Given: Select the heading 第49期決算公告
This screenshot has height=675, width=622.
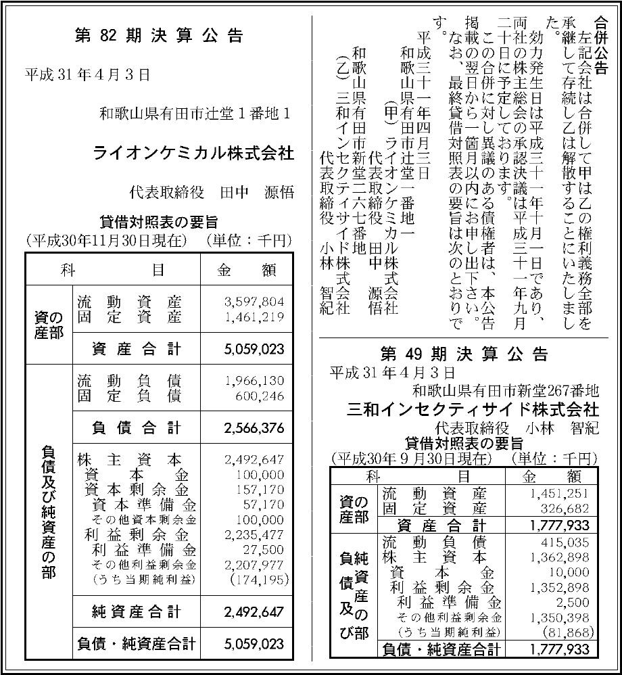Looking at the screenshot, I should (464, 354).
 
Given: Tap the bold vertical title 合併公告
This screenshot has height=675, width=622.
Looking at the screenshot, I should (600, 47).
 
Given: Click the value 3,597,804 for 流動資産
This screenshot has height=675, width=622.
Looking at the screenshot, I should (254, 302).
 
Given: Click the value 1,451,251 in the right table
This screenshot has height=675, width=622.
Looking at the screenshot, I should (560, 493).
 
